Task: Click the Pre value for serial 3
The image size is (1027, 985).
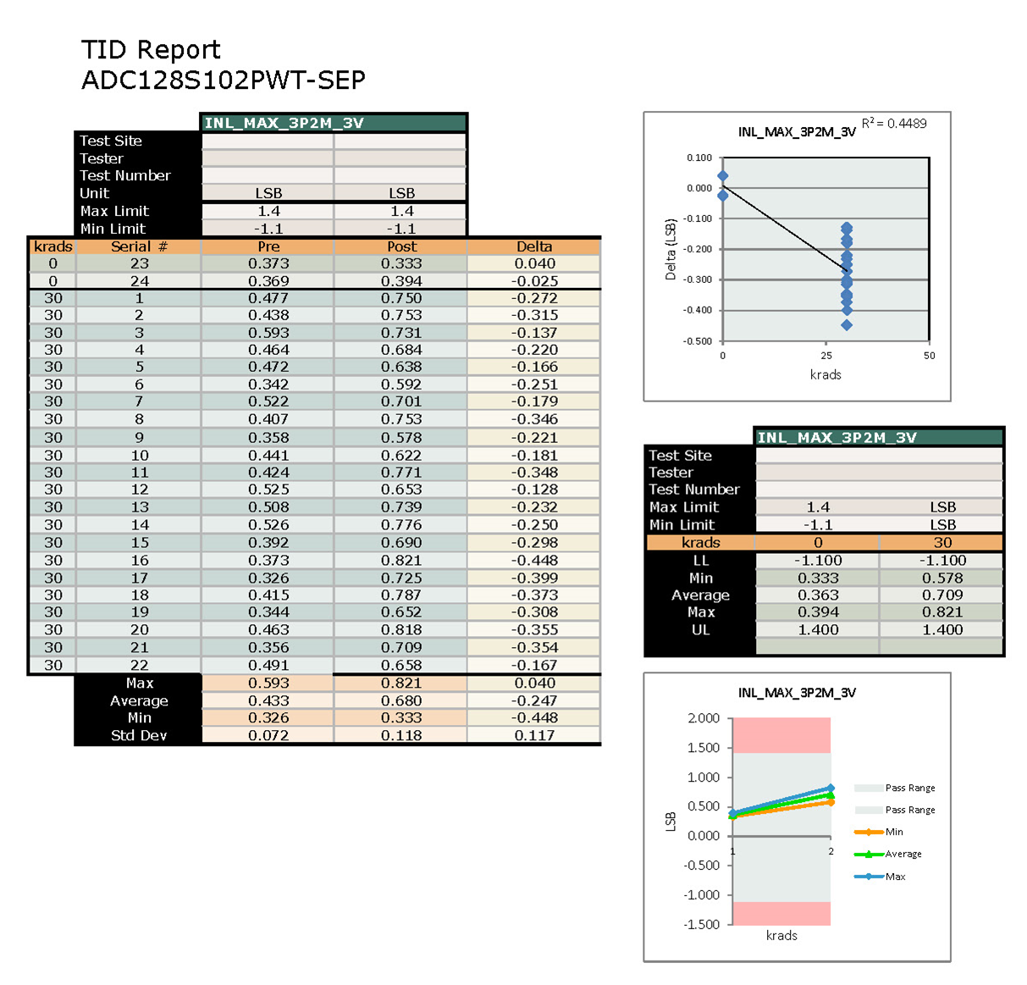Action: pos(268,333)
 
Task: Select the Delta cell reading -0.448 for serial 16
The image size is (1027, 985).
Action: pos(534,560)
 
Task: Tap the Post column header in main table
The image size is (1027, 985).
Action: pos(401,246)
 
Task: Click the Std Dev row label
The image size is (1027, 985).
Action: pos(139,735)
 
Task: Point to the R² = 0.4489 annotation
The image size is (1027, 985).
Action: pos(894,124)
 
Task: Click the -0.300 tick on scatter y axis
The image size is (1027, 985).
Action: pos(698,279)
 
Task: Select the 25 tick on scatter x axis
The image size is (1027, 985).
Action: pos(826,356)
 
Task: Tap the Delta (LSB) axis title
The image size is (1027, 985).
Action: pos(671,250)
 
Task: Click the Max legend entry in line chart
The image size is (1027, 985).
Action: pos(895,877)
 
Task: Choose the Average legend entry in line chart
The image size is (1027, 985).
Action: pos(903,854)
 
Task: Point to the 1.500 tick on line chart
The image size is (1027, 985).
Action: pos(703,748)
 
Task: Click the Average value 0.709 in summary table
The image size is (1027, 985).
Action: pos(942,595)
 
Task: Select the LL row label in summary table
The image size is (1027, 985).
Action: pos(700,561)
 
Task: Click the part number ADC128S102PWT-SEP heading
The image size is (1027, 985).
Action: pos(224,80)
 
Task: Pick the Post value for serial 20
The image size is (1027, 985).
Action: pos(401,630)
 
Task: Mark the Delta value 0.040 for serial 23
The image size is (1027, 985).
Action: pos(534,263)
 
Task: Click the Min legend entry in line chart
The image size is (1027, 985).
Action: pos(894,832)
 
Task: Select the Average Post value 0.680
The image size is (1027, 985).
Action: pos(401,700)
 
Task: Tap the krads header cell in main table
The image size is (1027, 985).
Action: pos(52,246)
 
